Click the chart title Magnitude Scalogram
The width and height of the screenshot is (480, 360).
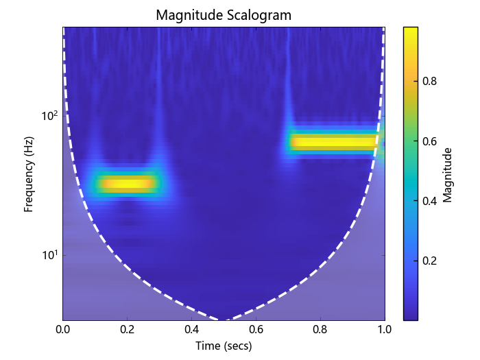223,14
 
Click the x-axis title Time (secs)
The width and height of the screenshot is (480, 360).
224,346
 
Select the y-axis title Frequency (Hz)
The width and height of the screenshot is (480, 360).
29,173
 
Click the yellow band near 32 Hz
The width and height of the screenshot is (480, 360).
128,184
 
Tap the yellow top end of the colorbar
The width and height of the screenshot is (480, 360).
411,31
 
